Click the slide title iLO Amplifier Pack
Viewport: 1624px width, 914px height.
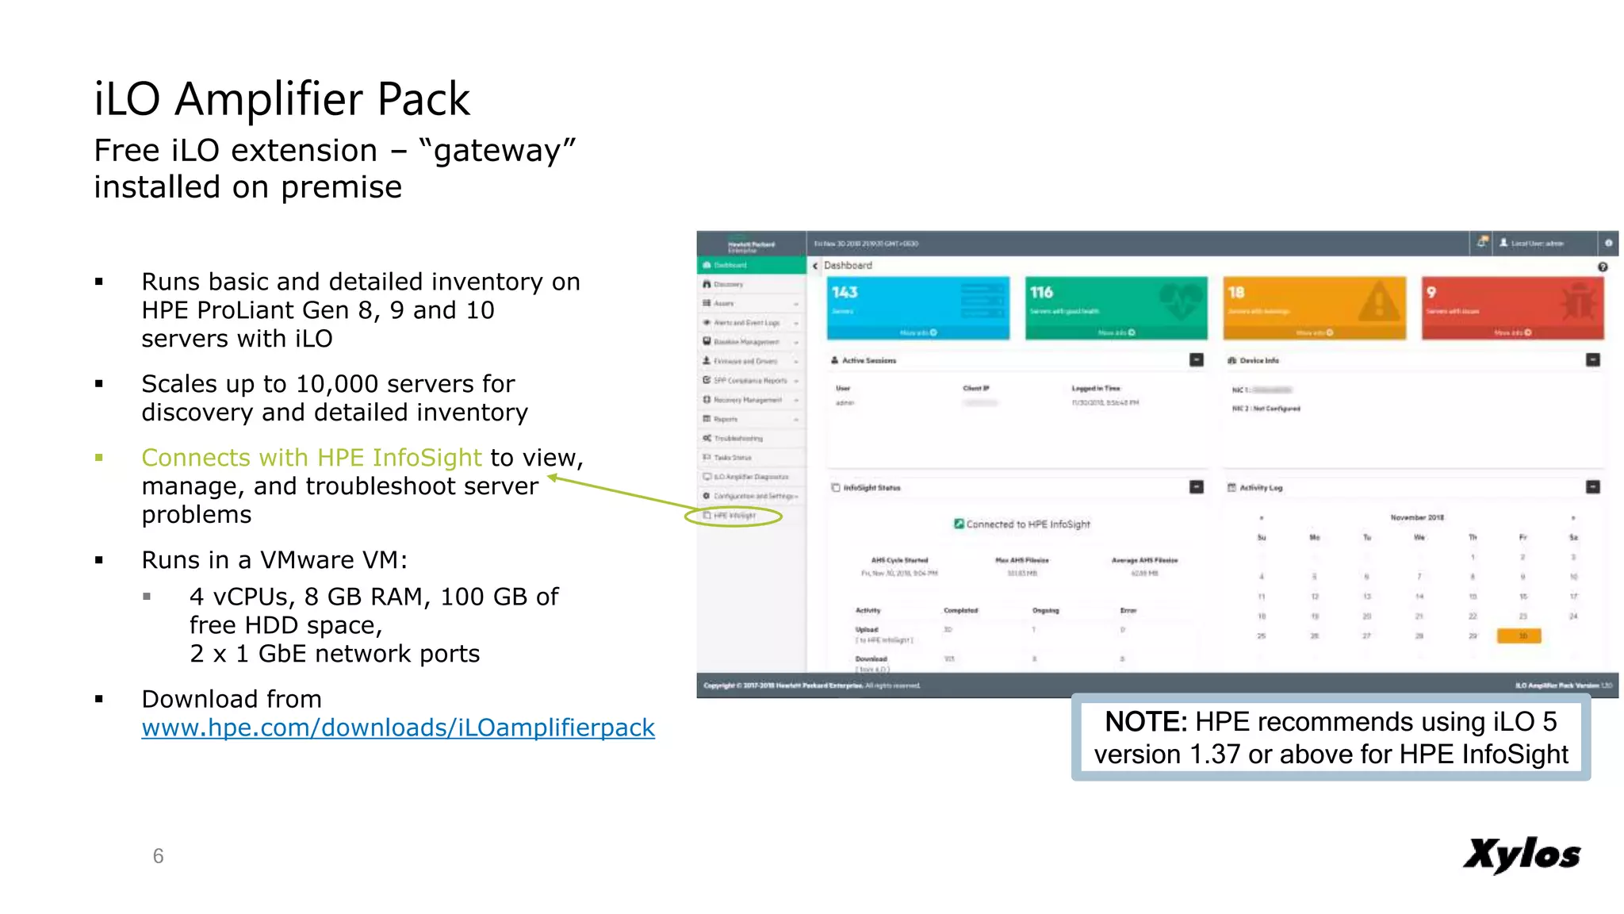(282, 99)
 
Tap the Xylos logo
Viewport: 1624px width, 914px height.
(1521, 854)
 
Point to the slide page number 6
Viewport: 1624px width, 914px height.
(159, 856)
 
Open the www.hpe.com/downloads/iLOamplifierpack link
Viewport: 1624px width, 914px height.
(398, 728)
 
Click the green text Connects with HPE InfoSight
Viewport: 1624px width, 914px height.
(312, 458)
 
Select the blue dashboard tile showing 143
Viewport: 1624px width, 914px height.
(918, 308)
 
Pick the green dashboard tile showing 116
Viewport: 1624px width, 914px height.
(1116, 308)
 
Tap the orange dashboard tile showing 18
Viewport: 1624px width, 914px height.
(1314, 308)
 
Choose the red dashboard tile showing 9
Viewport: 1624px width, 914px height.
(1512, 308)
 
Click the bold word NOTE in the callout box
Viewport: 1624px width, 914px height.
(1145, 722)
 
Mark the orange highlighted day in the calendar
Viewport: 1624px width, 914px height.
(1519, 636)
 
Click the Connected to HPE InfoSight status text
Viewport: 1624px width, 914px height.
(1028, 524)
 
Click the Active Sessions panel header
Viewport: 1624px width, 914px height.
(869, 360)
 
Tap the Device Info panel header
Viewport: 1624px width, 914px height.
(1259, 360)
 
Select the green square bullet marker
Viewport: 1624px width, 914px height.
(99, 458)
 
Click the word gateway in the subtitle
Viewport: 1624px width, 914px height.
(496, 151)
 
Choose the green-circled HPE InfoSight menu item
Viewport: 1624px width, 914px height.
(733, 516)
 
